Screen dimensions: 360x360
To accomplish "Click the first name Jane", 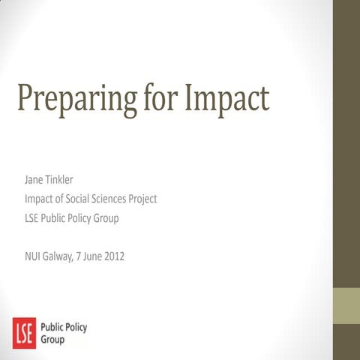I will (x=34, y=181).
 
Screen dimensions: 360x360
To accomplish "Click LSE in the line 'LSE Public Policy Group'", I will (x=31, y=218).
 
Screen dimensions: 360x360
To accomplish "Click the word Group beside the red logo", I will (x=51, y=339).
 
